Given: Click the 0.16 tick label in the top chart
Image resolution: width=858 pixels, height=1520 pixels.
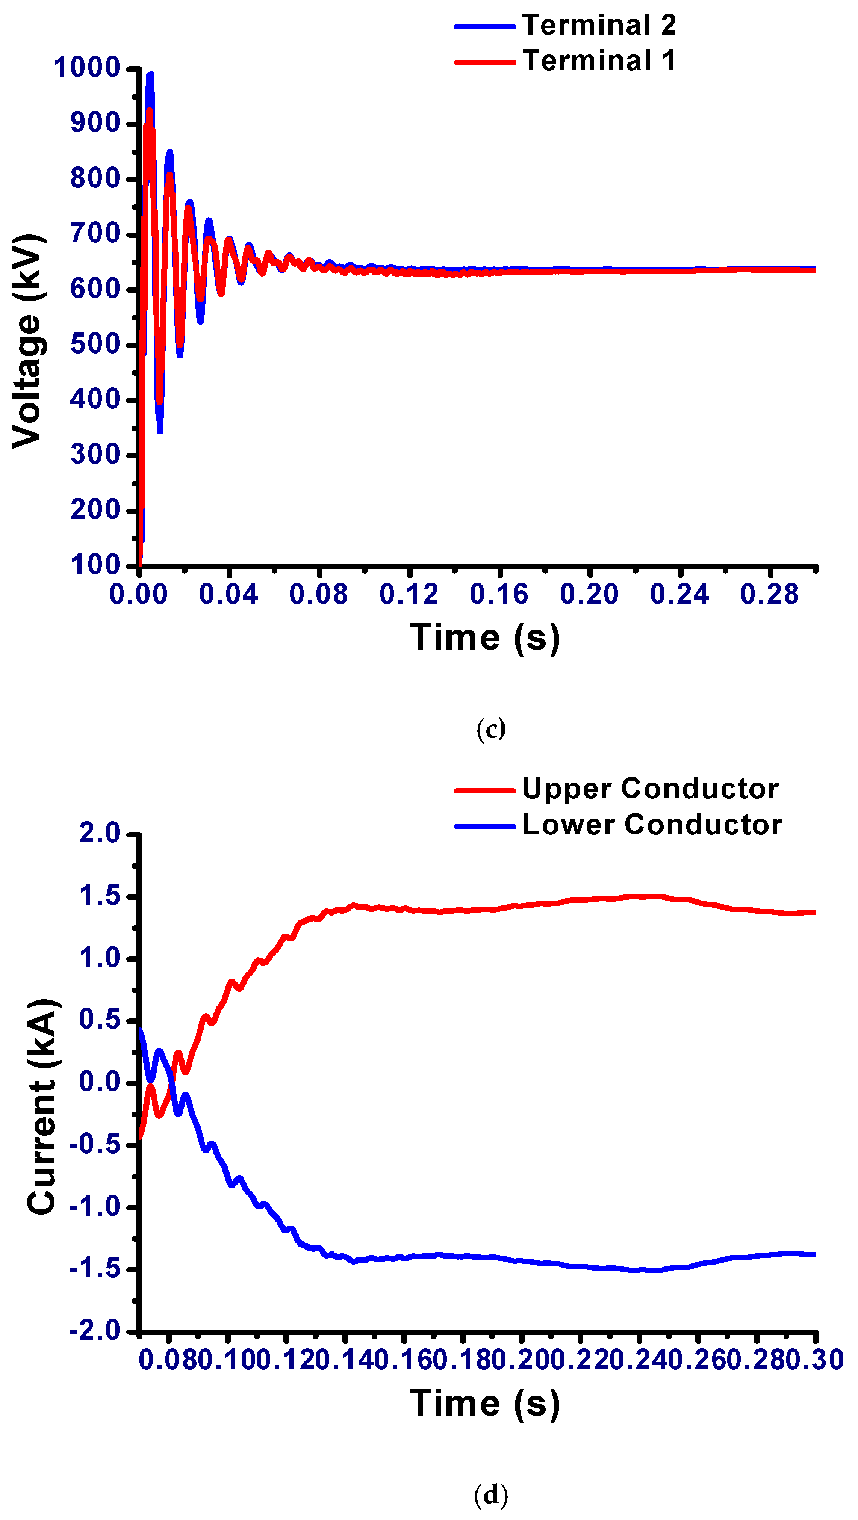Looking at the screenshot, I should [499, 594].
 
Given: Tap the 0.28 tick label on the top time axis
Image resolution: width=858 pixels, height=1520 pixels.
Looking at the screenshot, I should [769, 594].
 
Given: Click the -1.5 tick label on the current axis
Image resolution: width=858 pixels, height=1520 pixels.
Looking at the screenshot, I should [94, 1269].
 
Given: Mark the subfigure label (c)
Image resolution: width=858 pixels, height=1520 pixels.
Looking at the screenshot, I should [490, 729].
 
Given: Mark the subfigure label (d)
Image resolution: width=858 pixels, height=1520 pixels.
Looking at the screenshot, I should [490, 1494].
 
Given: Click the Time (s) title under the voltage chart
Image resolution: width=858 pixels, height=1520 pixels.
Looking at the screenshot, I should [485, 638].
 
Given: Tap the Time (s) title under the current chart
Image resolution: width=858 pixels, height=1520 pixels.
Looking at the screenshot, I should [485, 1404].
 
